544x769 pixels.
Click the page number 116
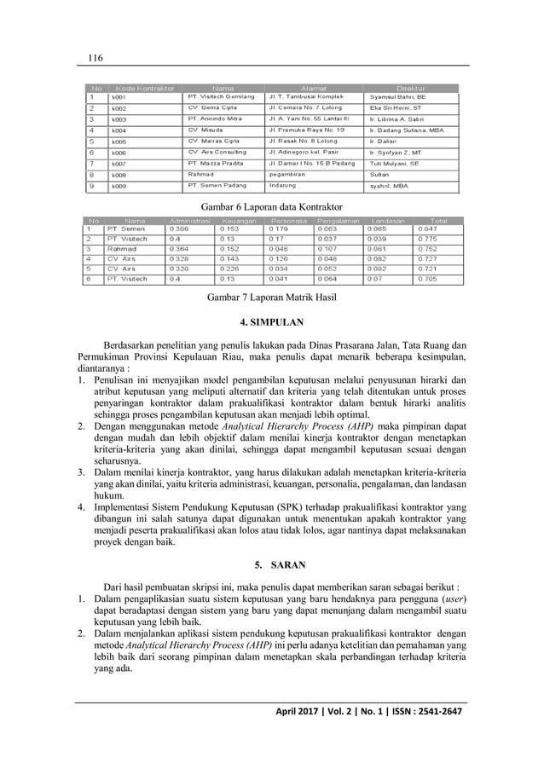pyautogui.click(x=93, y=57)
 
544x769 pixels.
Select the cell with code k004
pyautogui.click(x=119, y=130)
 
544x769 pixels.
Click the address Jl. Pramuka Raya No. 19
pyautogui.click(x=306, y=130)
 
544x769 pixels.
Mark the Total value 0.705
pyautogui.click(x=426, y=278)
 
